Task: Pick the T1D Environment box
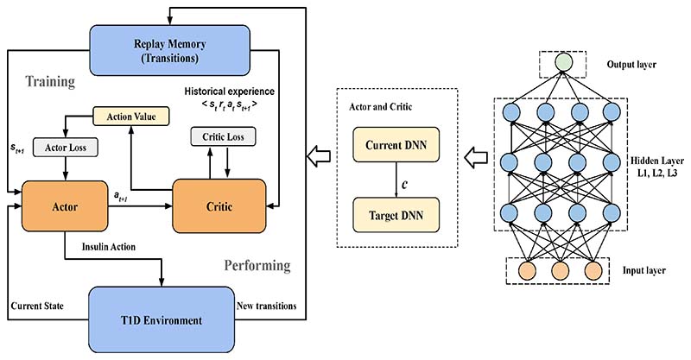coord(161,320)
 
